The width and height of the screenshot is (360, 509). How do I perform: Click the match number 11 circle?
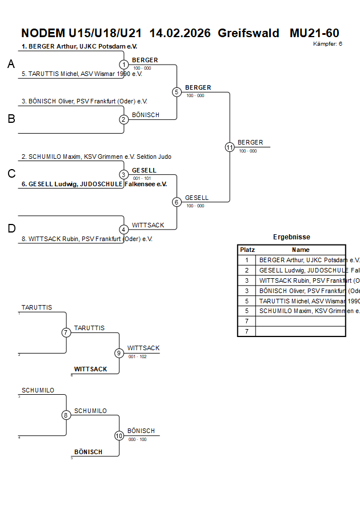point(230,147)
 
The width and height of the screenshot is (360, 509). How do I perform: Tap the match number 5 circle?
point(177,92)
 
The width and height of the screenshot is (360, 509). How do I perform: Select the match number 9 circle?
point(119,353)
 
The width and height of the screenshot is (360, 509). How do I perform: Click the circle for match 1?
point(124,65)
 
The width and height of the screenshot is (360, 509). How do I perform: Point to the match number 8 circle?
point(66,415)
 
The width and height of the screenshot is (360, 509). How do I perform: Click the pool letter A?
point(11,65)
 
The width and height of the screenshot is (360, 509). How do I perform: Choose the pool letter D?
point(11,229)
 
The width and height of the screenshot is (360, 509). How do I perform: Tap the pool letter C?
point(11,174)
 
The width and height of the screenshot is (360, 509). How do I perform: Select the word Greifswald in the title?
point(249,33)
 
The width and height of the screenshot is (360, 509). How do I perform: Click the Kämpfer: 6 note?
point(328,43)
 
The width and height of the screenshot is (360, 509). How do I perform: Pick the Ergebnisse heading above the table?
point(291,237)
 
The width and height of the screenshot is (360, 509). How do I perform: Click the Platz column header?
point(247,250)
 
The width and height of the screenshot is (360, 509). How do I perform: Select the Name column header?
point(301,250)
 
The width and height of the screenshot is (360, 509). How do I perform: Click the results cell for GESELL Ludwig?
point(301,270)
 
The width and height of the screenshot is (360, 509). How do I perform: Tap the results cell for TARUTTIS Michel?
point(301,301)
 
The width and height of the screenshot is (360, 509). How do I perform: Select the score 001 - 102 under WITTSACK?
point(137,356)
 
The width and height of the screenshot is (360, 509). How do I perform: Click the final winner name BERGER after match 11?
point(250,142)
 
